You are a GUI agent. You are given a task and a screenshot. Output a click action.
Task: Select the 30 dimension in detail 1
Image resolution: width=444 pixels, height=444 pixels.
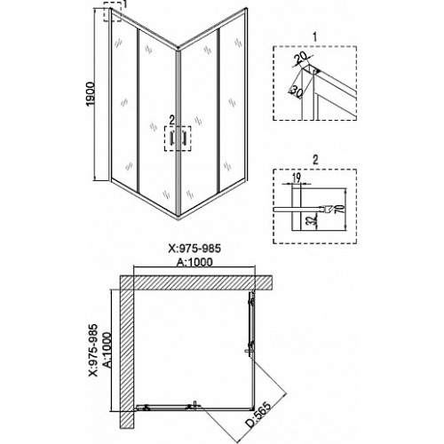coord(297,91)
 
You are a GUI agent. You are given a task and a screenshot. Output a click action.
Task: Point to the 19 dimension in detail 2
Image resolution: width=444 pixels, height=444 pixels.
coord(297,178)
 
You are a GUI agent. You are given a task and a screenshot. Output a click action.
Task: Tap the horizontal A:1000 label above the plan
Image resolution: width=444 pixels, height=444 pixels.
coord(194,262)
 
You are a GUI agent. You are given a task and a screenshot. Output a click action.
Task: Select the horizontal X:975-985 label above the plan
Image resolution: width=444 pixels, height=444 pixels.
coord(194,249)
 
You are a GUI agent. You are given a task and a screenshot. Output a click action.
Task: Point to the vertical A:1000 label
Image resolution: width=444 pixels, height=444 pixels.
coord(108,350)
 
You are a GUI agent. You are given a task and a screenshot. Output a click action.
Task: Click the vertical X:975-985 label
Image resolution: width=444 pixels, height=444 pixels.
coord(93,350)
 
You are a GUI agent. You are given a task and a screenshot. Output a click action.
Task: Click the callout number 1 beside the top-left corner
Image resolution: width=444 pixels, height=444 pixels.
coord(125,4)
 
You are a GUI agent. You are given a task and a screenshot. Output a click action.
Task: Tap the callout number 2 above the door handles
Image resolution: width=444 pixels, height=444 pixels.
coord(171,120)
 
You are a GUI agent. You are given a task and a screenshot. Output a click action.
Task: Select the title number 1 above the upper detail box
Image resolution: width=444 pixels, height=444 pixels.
coord(314,37)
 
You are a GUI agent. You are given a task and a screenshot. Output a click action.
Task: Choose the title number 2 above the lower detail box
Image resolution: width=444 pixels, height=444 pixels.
coord(315,160)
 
